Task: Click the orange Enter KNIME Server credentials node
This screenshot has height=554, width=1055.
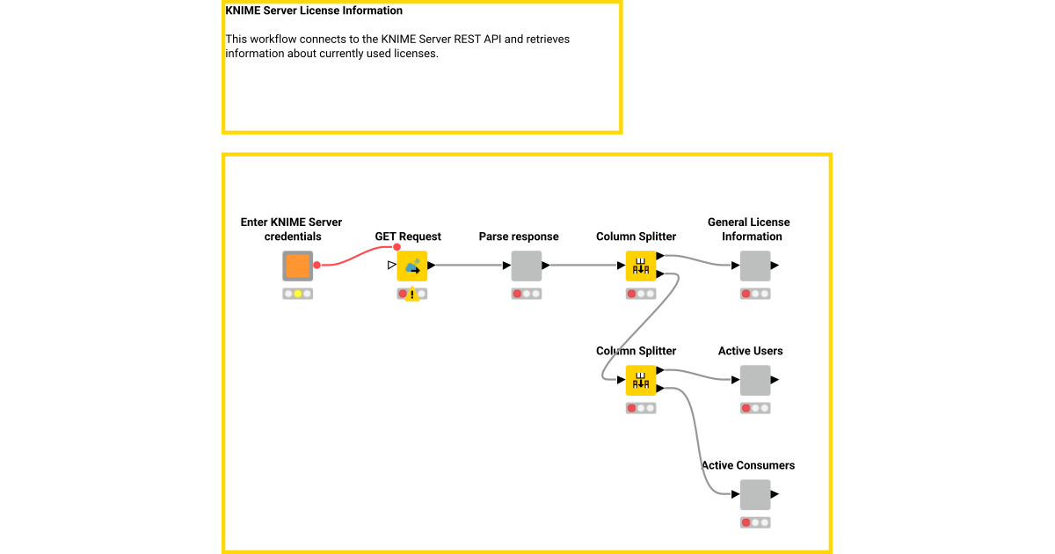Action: coord(297,266)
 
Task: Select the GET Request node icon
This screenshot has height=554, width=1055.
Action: coord(411,266)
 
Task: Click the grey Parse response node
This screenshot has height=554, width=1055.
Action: coord(526,266)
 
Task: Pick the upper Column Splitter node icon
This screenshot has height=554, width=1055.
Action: coord(641,266)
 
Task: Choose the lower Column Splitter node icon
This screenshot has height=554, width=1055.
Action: coord(641,380)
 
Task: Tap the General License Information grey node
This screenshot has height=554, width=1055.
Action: coord(754,266)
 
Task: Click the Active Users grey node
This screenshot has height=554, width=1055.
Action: coord(754,380)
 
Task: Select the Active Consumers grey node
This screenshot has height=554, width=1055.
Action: coord(754,494)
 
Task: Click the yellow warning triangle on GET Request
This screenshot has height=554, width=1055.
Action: coord(411,295)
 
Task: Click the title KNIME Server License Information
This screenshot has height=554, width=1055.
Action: coord(314,11)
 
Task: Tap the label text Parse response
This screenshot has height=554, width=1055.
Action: coord(519,237)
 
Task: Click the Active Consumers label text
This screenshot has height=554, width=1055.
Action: coord(748,465)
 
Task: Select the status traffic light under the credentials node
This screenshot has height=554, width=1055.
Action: coord(297,294)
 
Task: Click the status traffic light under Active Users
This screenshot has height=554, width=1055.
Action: coord(754,408)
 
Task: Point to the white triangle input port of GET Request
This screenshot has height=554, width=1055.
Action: coord(392,265)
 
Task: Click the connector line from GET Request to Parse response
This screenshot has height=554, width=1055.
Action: coord(470,265)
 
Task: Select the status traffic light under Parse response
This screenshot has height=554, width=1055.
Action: coord(526,294)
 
